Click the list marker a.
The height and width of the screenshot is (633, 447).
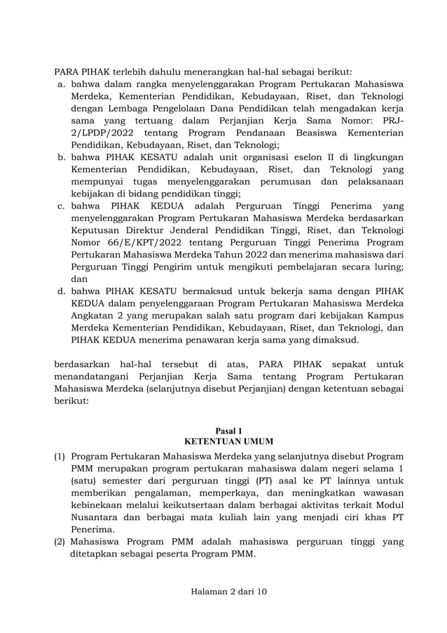62,84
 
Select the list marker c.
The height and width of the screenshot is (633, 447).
62,206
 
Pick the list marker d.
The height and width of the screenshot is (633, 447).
62,291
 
